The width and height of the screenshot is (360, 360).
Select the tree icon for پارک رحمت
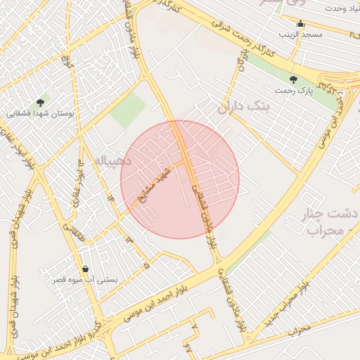point(293,80)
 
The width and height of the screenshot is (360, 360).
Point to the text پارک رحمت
point(293,91)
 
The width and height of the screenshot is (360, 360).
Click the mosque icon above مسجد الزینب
point(300,23)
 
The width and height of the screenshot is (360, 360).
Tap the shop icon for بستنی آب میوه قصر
point(85,268)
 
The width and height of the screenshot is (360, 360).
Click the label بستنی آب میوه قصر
point(86,280)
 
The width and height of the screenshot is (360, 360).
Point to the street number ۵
point(146,266)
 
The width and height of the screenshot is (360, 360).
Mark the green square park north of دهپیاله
point(128,111)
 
